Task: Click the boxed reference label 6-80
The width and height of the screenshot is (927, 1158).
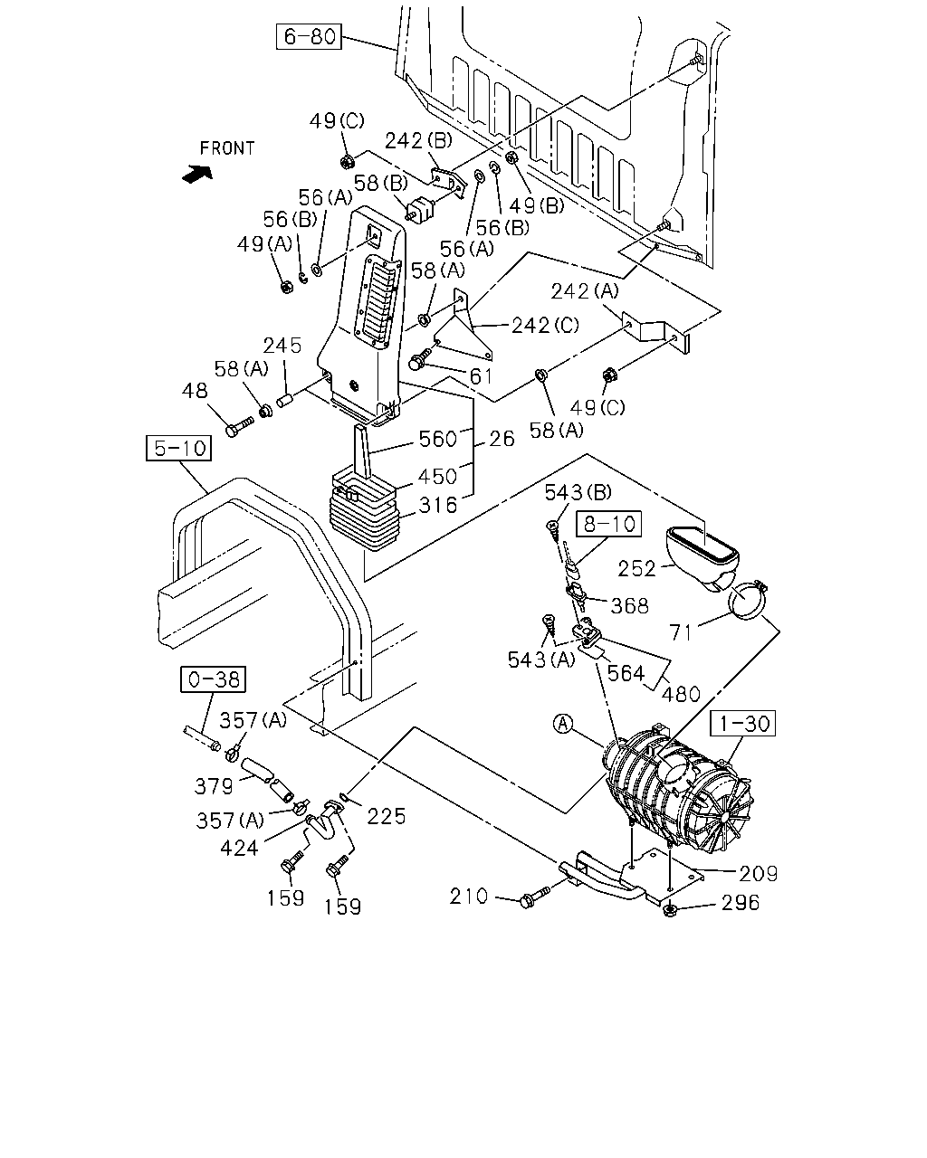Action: pyautogui.click(x=309, y=36)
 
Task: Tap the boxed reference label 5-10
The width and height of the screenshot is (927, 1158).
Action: pyautogui.click(x=179, y=448)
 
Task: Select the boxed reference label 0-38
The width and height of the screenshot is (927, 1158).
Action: pyautogui.click(x=214, y=679)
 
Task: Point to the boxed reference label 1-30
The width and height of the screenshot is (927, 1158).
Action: pyautogui.click(x=743, y=723)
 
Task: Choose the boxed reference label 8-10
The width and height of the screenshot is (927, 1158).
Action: pyautogui.click(x=609, y=524)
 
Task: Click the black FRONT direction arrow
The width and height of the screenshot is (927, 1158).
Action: pyautogui.click(x=197, y=174)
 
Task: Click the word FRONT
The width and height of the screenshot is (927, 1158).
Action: pyautogui.click(x=226, y=148)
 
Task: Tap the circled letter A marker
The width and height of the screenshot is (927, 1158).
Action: pyautogui.click(x=563, y=724)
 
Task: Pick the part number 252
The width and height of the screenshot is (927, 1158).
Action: pyautogui.click(x=636, y=569)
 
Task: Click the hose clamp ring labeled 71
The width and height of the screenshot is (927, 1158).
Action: pyautogui.click(x=747, y=602)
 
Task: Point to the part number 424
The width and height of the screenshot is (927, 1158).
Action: pyautogui.click(x=239, y=848)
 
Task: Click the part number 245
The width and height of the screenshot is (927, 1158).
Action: pyautogui.click(x=282, y=346)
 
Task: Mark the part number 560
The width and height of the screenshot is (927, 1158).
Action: pyautogui.click(x=437, y=439)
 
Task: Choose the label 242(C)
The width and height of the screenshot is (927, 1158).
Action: pyautogui.click(x=545, y=325)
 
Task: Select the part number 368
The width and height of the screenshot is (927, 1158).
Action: pyautogui.click(x=629, y=606)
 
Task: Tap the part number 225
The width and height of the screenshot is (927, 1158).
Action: pyautogui.click(x=387, y=816)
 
